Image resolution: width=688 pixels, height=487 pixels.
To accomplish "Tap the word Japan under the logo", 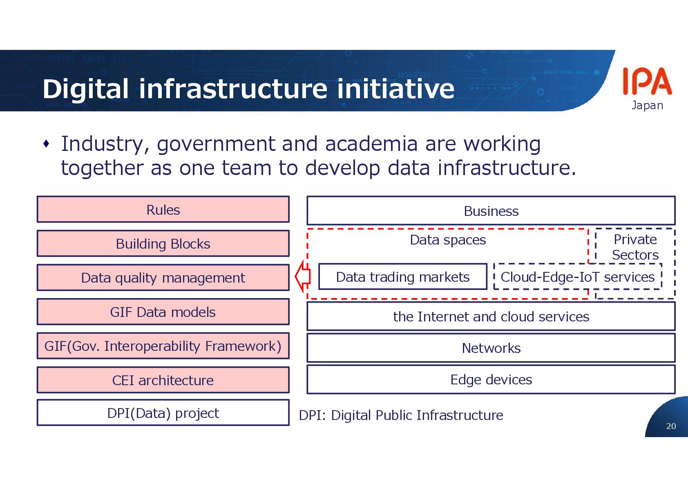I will point(647,105).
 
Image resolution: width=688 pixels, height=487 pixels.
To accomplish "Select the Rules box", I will point(163,210).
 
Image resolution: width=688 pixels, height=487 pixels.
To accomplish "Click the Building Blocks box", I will point(163,244).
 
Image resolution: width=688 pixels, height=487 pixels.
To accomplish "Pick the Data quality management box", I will point(163,278).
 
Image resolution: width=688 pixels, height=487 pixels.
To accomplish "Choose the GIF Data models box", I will point(163,312).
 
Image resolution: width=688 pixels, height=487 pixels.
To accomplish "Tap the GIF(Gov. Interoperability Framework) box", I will point(163,346).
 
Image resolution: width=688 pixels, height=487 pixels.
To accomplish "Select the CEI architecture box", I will point(163,380).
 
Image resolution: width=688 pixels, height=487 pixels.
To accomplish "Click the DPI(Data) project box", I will point(163,413).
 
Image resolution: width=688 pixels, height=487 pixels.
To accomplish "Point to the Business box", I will point(491,211).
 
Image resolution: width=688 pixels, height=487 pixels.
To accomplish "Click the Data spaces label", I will point(448,240).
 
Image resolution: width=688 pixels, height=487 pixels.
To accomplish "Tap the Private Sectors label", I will point(635,247).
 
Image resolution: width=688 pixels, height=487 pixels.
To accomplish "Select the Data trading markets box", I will point(402,277).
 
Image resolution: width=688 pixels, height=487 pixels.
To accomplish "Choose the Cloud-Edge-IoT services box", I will point(577,277).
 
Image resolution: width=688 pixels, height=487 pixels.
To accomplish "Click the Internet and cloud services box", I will point(491,316).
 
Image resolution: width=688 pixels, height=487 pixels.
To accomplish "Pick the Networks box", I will point(491,348).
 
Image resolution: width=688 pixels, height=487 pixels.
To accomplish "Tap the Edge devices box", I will point(491,379).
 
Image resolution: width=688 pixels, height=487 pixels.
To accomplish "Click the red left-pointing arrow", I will point(303,276).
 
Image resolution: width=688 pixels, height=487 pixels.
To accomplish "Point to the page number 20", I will point(671,426).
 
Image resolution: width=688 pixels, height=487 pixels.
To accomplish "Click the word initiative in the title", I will point(395,89).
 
